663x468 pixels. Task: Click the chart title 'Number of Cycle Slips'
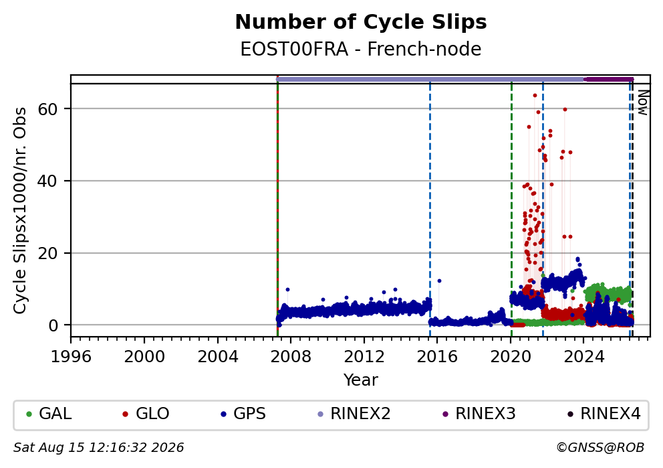pyautogui.click(x=361, y=22)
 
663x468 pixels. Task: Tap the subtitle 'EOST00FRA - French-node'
pyautogui.click(x=361, y=49)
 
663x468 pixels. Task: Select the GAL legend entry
pyautogui.click(x=49, y=413)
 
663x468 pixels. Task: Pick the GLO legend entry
pyautogui.click(x=146, y=413)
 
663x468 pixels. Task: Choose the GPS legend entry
pyautogui.click(x=243, y=413)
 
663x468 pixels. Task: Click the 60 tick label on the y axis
pyautogui.click(x=47, y=109)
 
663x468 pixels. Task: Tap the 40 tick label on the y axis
pyautogui.click(x=47, y=181)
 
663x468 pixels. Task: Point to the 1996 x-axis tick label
pyautogui.click(x=71, y=357)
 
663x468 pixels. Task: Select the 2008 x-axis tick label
pyautogui.click(x=291, y=357)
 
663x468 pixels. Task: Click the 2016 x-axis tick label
pyautogui.click(x=437, y=357)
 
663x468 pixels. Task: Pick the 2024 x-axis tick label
pyautogui.click(x=584, y=357)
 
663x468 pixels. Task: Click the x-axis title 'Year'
pyautogui.click(x=361, y=380)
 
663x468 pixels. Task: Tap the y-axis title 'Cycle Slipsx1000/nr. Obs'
pyautogui.click(x=19, y=210)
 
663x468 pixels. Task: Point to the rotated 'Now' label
pyautogui.click(x=642, y=102)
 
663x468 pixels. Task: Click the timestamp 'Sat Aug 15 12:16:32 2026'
pyautogui.click(x=98, y=448)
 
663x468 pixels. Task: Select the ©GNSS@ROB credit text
pyautogui.click(x=600, y=448)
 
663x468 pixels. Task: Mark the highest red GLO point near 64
pyautogui.click(x=535, y=95)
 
